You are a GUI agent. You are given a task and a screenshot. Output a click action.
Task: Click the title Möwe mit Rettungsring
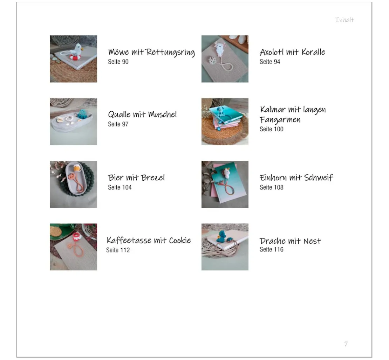coord(151,52)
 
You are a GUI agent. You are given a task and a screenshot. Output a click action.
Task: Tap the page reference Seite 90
coord(118,62)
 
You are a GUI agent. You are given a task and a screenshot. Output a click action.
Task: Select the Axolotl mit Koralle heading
coord(292,52)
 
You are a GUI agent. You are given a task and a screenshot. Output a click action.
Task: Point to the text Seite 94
coord(269,62)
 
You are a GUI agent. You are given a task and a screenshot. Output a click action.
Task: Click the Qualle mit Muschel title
coord(142,114)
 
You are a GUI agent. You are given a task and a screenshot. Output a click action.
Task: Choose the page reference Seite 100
coord(271,129)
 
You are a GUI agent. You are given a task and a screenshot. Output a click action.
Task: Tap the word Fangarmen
coord(280,120)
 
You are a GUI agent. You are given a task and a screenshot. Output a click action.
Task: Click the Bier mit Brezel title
coord(136,178)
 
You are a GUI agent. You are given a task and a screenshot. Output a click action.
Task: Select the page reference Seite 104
coord(120,187)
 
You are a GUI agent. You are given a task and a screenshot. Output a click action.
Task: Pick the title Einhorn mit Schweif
coord(296,178)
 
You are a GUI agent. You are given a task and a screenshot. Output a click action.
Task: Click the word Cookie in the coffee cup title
coord(180,240)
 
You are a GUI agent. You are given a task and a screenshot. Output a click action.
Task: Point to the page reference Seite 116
coord(271,249)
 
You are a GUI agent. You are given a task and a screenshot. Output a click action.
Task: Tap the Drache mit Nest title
coord(290,241)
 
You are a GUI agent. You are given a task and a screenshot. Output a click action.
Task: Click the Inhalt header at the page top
coord(344,20)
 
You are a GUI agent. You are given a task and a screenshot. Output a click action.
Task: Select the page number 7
coord(346,344)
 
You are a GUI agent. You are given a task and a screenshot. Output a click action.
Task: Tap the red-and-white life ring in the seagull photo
coord(75,58)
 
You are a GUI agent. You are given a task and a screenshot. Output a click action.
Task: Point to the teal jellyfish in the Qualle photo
coord(82,114)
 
